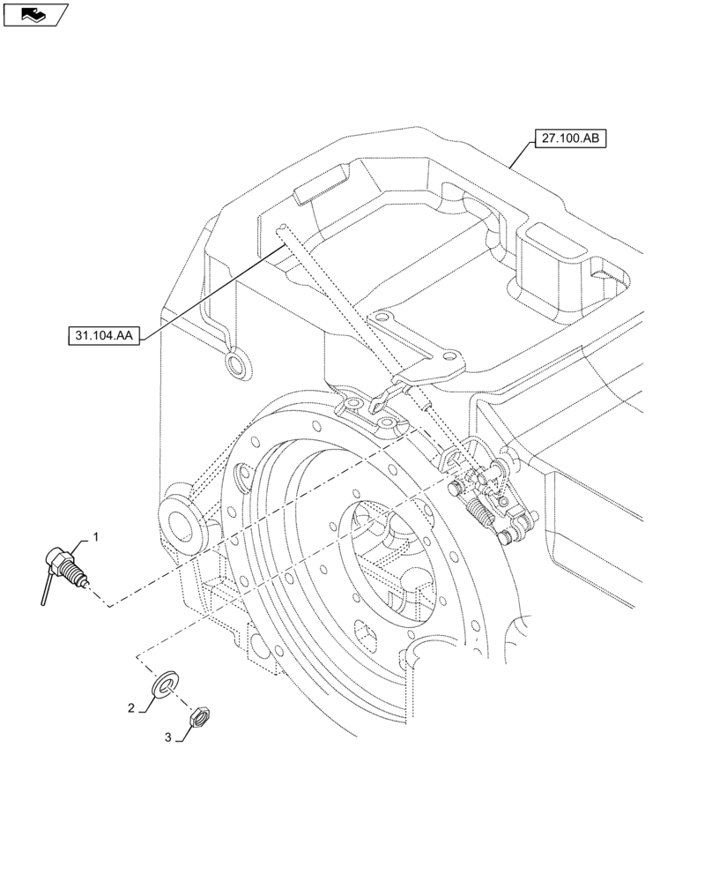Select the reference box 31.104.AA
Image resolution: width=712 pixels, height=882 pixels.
(x=105, y=336)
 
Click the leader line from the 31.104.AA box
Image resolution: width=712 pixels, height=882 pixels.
(x=211, y=291)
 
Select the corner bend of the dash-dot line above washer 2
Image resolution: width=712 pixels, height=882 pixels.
(x=138, y=656)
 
